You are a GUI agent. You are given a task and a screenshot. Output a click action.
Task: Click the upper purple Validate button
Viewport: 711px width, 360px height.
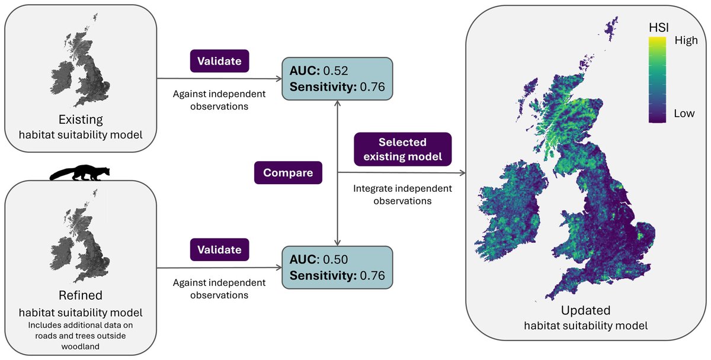(x=219, y=62)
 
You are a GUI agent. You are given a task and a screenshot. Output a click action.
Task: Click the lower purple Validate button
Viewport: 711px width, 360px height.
(x=219, y=250)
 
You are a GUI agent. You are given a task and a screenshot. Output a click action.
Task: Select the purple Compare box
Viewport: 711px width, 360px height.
(x=288, y=173)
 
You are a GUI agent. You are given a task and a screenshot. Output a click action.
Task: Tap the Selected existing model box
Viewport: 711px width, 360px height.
(x=402, y=150)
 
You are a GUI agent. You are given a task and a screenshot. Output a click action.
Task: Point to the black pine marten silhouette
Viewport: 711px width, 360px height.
(x=81, y=172)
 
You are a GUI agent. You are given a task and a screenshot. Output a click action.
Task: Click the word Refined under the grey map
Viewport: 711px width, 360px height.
(x=81, y=295)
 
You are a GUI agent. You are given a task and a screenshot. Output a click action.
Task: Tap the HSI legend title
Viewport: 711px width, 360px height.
(x=658, y=27)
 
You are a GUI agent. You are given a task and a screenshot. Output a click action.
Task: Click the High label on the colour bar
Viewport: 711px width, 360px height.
(x=686, y=41)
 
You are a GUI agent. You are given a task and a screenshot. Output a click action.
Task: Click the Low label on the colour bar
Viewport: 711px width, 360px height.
(x=684, y=113)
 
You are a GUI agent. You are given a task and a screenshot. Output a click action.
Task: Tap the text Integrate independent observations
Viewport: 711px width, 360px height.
(x=402, y=195)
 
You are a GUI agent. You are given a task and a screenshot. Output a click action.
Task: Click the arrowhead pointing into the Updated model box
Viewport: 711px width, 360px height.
(x=463, y=173)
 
